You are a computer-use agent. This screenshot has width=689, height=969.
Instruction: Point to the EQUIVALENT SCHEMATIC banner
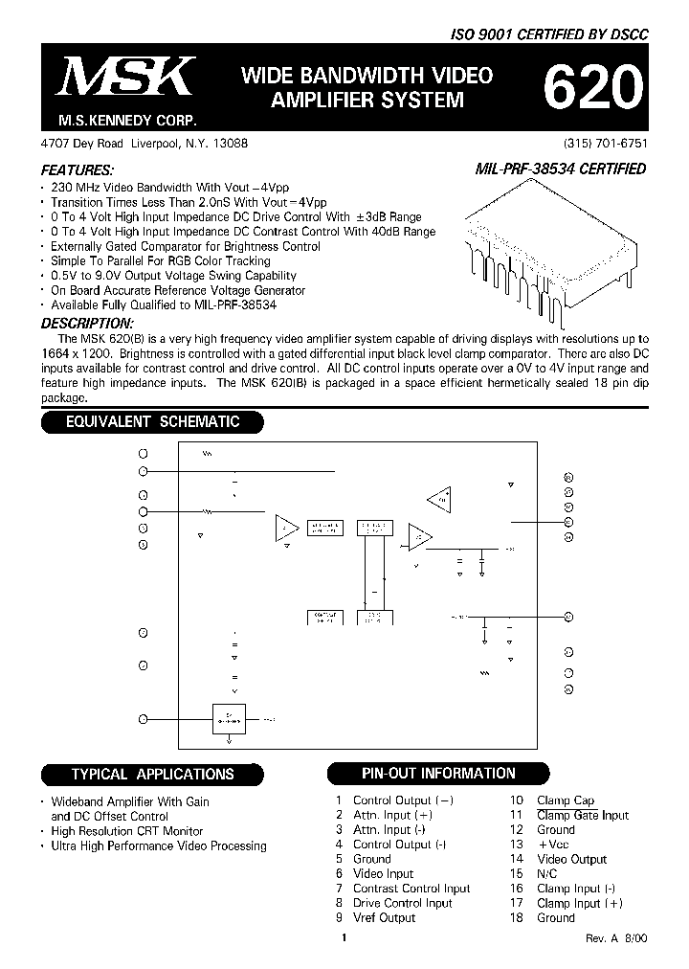[x=151, y=421]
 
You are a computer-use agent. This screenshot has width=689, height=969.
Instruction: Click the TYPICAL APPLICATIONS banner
[x=151, y=774]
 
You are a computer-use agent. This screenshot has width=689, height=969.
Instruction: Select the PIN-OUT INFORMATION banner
[x=438, y=773]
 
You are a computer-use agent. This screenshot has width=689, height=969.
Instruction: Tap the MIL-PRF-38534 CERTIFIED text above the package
[x=560, y=169]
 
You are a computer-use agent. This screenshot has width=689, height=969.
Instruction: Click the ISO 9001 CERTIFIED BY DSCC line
[x=549, y=34]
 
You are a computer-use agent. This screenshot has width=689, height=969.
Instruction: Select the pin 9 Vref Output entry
[x=375, y=918]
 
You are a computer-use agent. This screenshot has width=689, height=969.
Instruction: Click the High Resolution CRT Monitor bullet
[x=127, y=831]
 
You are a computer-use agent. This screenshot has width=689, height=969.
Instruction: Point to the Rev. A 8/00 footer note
[x=616, y=940]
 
